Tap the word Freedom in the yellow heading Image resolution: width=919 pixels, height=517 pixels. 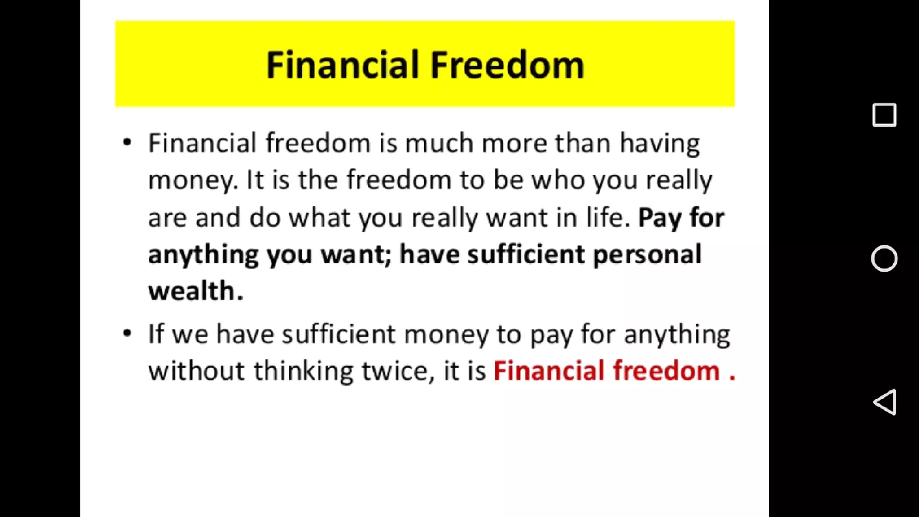tap(507, 65)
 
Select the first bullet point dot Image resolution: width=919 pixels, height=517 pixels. tap(127, 143)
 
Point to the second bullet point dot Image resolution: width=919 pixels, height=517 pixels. tap(127, 333)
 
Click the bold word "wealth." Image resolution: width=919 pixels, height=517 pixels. tap(196, 291)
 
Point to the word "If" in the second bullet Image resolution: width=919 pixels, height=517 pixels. tap(156, 334)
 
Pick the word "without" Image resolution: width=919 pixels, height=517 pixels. tap(197, 371)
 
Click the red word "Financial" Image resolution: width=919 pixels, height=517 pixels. tap(549, 371)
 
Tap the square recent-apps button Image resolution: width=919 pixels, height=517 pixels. tap(884, 115)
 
